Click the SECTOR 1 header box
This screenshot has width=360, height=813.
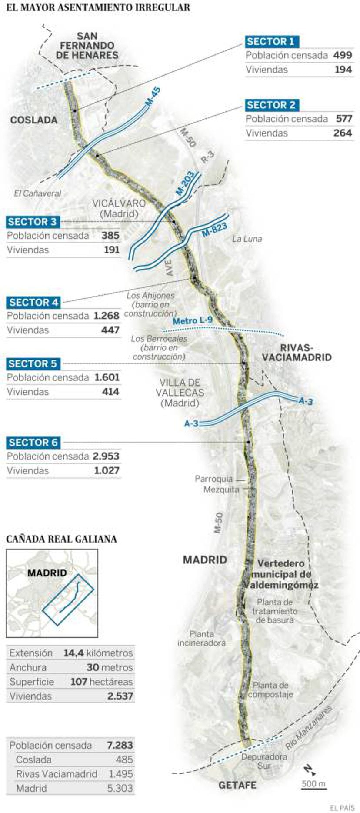(271, 42)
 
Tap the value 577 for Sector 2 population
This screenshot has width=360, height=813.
(343, 119)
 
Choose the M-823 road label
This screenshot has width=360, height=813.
(214, 230)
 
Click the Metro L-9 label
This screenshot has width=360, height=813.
(192, 321)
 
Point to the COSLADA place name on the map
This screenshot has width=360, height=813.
(34, 120)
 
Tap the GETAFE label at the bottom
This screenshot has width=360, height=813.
(237, 785)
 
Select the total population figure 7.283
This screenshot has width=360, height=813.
(120, 745)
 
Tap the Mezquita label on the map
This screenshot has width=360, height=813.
(221, 490)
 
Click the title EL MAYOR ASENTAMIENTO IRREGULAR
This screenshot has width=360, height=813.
(98, 7)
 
